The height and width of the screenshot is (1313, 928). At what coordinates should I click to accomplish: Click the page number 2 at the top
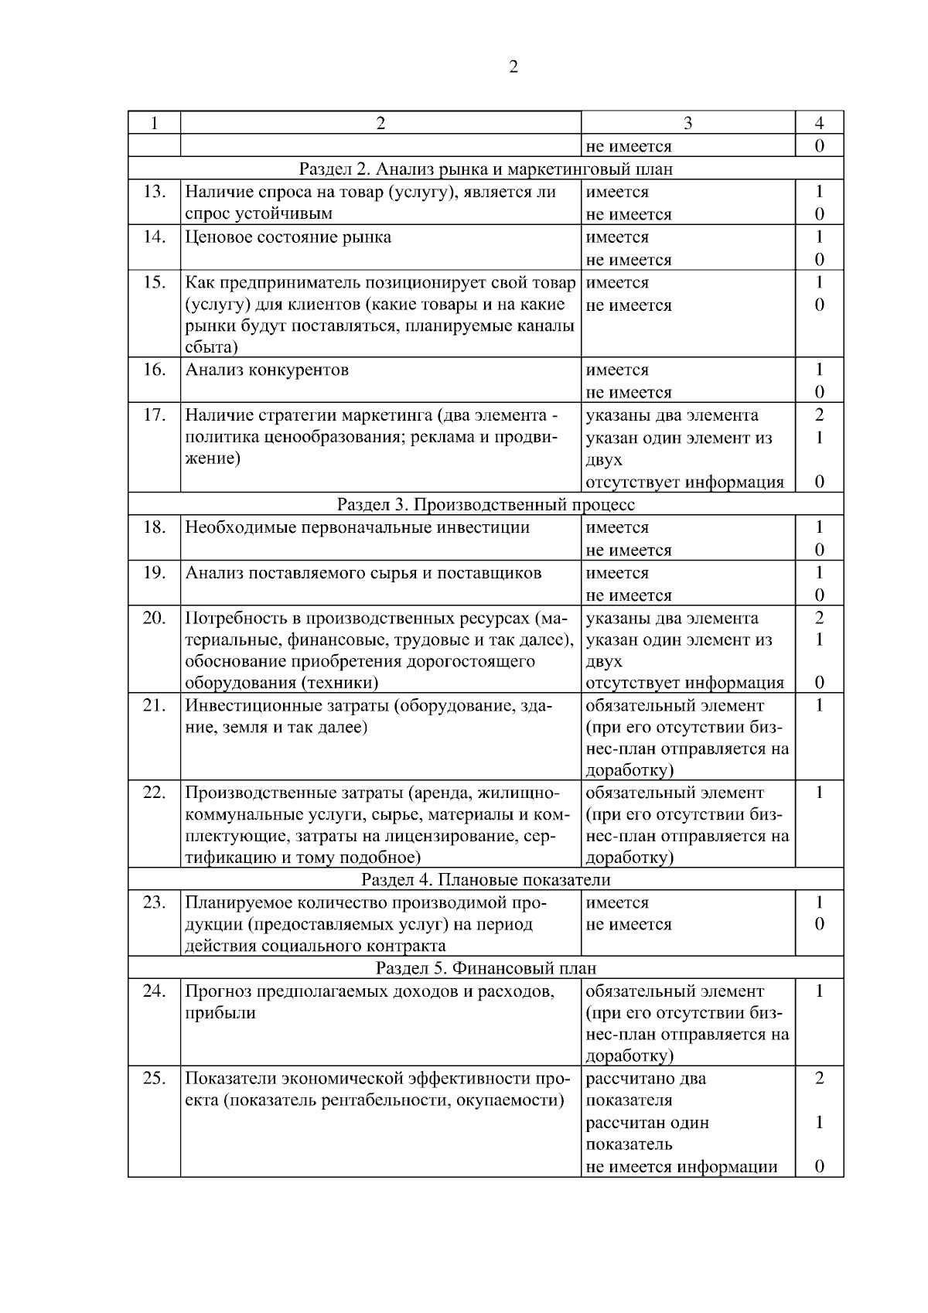pyautogui.click(x=513, y=67)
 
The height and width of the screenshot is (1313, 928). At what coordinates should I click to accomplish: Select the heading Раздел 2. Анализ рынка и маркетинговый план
pyautogui.click(x=486, y=169)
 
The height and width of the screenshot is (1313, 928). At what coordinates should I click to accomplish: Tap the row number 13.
pyautogui.click(x=154, y=192)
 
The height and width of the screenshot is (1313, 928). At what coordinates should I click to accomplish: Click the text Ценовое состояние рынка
pyautogui.click(x=288, y=237)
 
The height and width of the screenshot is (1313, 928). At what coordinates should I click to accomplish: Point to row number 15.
pyautogui.click(x=154, y=283)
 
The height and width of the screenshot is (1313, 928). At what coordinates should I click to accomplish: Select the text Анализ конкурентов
pyautogui.click(x=267, y=370)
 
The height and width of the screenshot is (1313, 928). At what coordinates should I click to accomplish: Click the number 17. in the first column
pyautogui.click(x=154, y=415)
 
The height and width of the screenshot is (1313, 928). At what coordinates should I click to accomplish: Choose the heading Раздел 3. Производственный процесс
pyautogui.click(x=486, y=505)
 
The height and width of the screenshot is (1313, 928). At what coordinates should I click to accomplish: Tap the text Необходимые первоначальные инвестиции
pyautogui.click(x=357, y=528)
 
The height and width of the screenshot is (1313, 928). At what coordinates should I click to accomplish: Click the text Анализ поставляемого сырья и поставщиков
pyautogui.click(x=363, y=573)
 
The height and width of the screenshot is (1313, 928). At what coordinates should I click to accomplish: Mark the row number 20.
pyautogui.click(x=154, y=618)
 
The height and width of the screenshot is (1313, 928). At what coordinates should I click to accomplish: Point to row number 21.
pyautogui.click(x=154, y=705)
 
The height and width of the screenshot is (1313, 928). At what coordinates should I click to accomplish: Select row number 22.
pyautogui.click(x=154, y=793)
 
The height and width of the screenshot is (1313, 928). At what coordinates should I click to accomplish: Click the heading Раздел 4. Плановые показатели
pyautogui.click(x=486, y=880)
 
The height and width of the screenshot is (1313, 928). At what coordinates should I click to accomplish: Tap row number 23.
pyautogui.click(x=154, y=902)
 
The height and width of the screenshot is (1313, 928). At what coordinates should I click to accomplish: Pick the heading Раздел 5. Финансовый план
pyautogui.click(x=486, y=968)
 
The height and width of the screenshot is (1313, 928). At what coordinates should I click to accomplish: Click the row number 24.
pyautogui.click(x=154, y=991)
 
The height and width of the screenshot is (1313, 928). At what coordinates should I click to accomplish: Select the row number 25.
pyautogui.click(x=154, y=1079)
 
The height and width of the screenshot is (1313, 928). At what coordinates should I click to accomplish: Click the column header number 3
pyautogui.click(x=687, y=123)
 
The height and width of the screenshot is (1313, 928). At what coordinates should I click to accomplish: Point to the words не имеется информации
pyautogui.click(x=681, y=1167)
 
